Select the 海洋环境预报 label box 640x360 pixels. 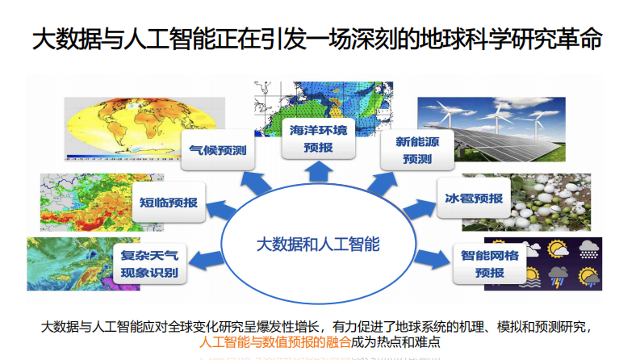pos(317,139)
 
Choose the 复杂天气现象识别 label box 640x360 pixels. pos(150,265)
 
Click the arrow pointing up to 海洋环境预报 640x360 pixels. pos(316,174)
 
